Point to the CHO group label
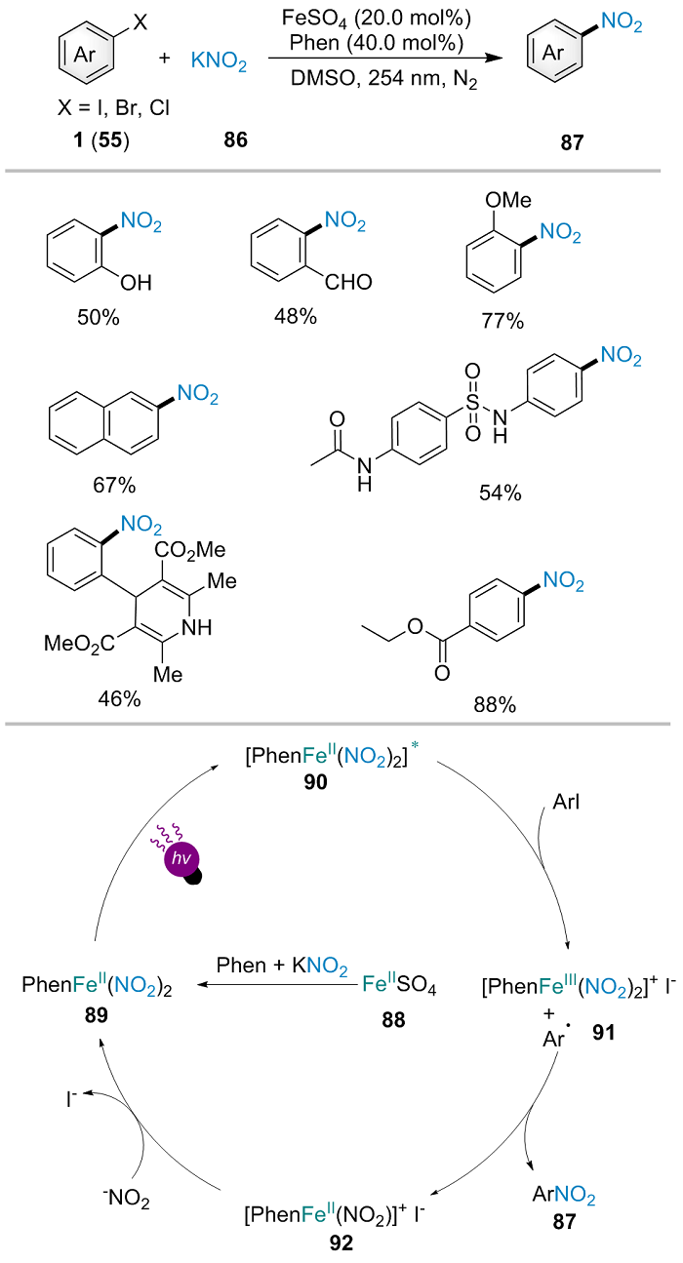349,284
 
